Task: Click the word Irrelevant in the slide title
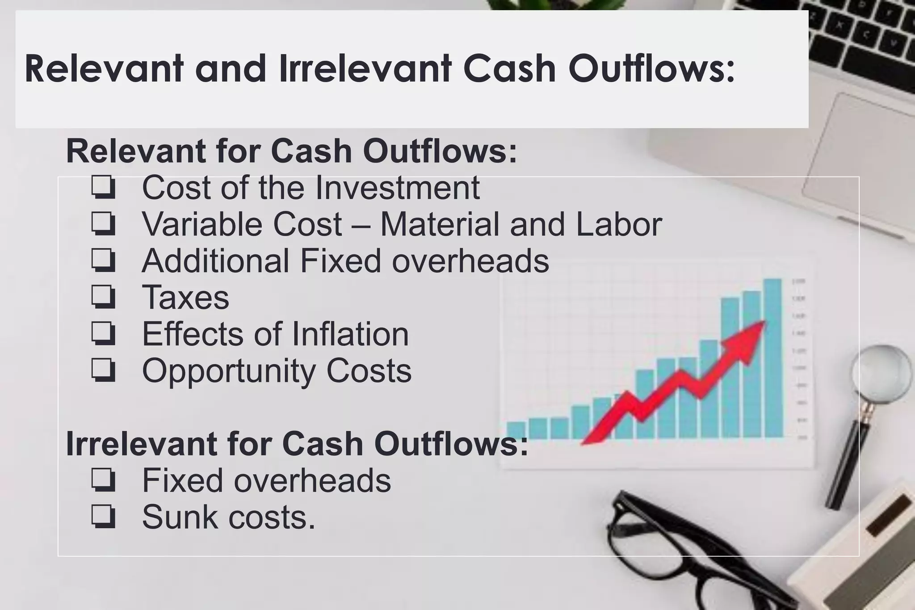[365, 69]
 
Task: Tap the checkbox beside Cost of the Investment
[104, 188]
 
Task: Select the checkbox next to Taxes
[104, 298]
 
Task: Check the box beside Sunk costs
[104, 517]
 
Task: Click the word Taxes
[185, 298]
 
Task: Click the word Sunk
[180, 517]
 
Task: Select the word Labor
[619, 224]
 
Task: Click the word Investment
[397, 188]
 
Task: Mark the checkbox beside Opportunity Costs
[104, 371]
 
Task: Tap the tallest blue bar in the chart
[773, 358]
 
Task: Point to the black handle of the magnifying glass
[847, 465]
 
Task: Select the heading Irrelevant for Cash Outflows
[297, 444]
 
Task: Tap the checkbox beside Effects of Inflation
[104, 334]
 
